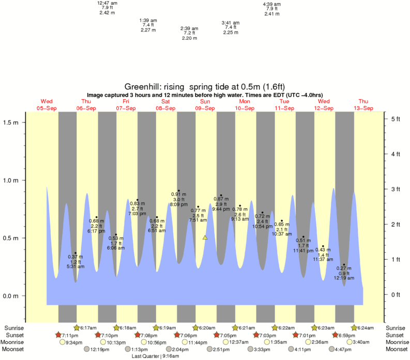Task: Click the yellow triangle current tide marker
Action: (205, 238)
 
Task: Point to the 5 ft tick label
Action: (396, 119)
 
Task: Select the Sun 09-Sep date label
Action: (205, 105)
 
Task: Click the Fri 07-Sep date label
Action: (126, 105)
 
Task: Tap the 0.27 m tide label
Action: (344, 268)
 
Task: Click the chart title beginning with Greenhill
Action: (205, 87)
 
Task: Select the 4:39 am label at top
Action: (272, 4)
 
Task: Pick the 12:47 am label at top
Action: (107, 3)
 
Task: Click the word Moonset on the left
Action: (15, 349)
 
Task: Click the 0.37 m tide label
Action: (75, 257)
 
